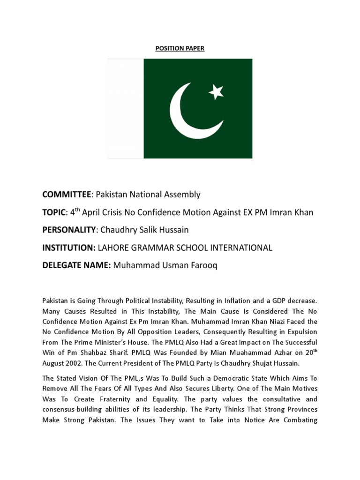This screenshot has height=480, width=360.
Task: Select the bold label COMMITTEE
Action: pyautogui.click(x=66, y=194)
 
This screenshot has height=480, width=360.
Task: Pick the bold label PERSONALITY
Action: pyautogui.click(x=70, y=230)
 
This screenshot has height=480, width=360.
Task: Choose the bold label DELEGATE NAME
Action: pyautogui.click(x=76, y=266)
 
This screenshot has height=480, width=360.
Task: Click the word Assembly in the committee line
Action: pyautogui.click(x=183, y=194)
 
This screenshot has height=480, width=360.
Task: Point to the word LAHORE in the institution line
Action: pyautogui.click(x=114, y=248)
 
